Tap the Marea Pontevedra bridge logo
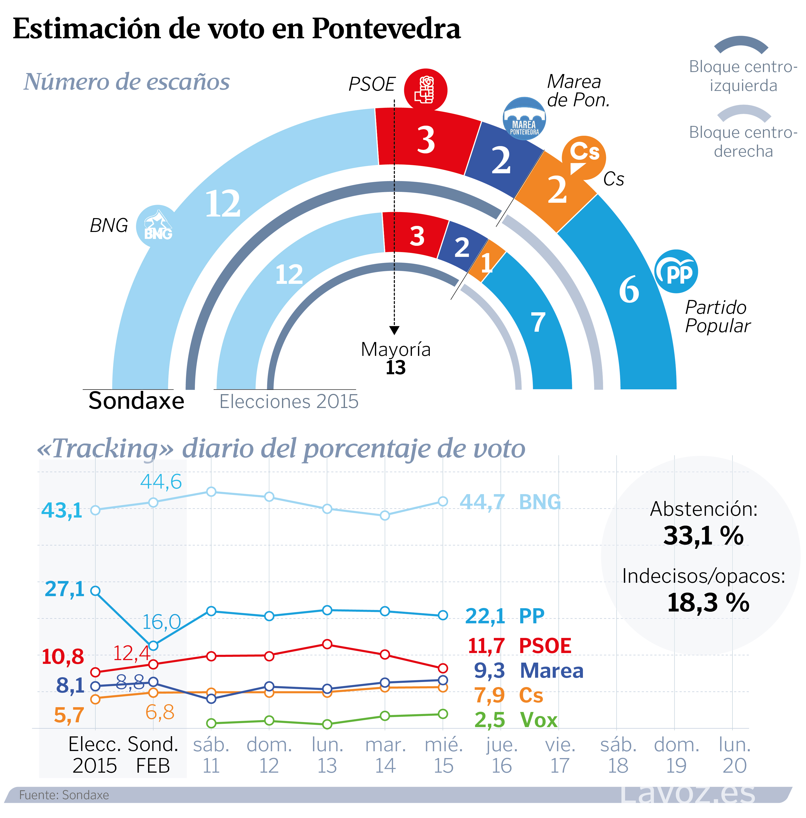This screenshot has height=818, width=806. click(x=524, y=119)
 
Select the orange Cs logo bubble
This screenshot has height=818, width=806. click(x=584, y=157)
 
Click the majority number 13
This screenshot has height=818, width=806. click(x=395, y=367)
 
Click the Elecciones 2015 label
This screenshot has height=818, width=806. click(x=289, y=401)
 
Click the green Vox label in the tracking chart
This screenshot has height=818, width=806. click(x=538, y=720)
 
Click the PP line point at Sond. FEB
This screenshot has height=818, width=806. click(x=153, y=646)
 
